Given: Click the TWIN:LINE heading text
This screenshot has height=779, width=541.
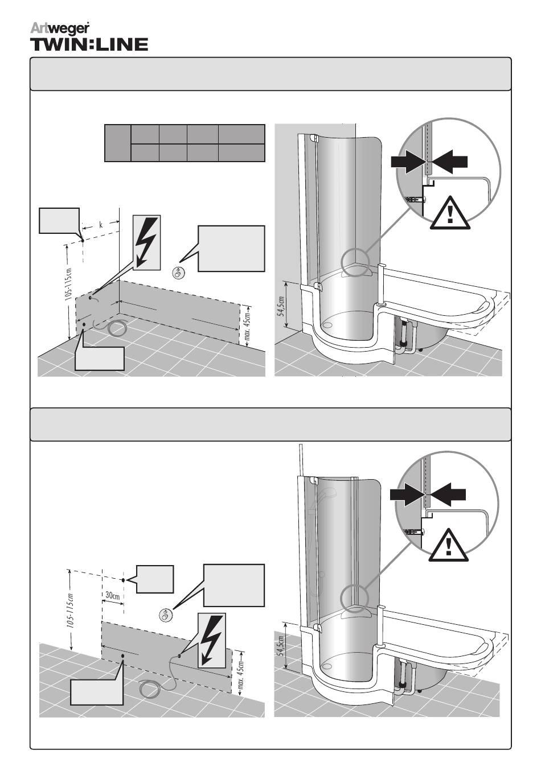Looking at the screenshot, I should (x=89, y=44).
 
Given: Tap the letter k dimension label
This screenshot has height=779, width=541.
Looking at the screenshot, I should (x=101, y=225).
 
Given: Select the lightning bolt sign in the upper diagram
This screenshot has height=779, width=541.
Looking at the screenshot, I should (x=146, y=242).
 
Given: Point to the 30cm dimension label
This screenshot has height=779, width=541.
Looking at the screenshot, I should (x=113, y=596).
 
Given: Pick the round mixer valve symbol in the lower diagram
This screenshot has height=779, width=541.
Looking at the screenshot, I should (x=166, y=615).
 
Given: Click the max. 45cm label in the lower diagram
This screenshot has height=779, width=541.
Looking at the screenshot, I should (x=241, y=673).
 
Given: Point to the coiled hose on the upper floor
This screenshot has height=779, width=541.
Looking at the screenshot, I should (x=118, y=328).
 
